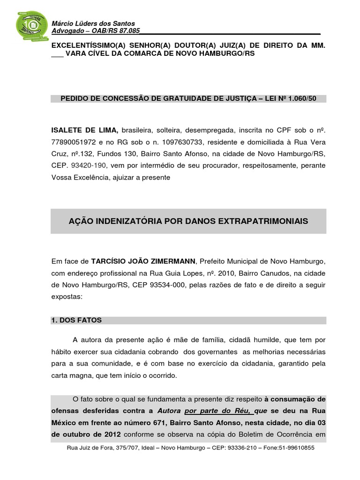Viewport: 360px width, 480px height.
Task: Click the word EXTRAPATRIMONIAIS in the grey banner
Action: (x=265, y=221)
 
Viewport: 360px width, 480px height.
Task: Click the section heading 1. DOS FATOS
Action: (x=76, y=320)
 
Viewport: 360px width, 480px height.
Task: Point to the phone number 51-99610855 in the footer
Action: (x=295, y=448)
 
